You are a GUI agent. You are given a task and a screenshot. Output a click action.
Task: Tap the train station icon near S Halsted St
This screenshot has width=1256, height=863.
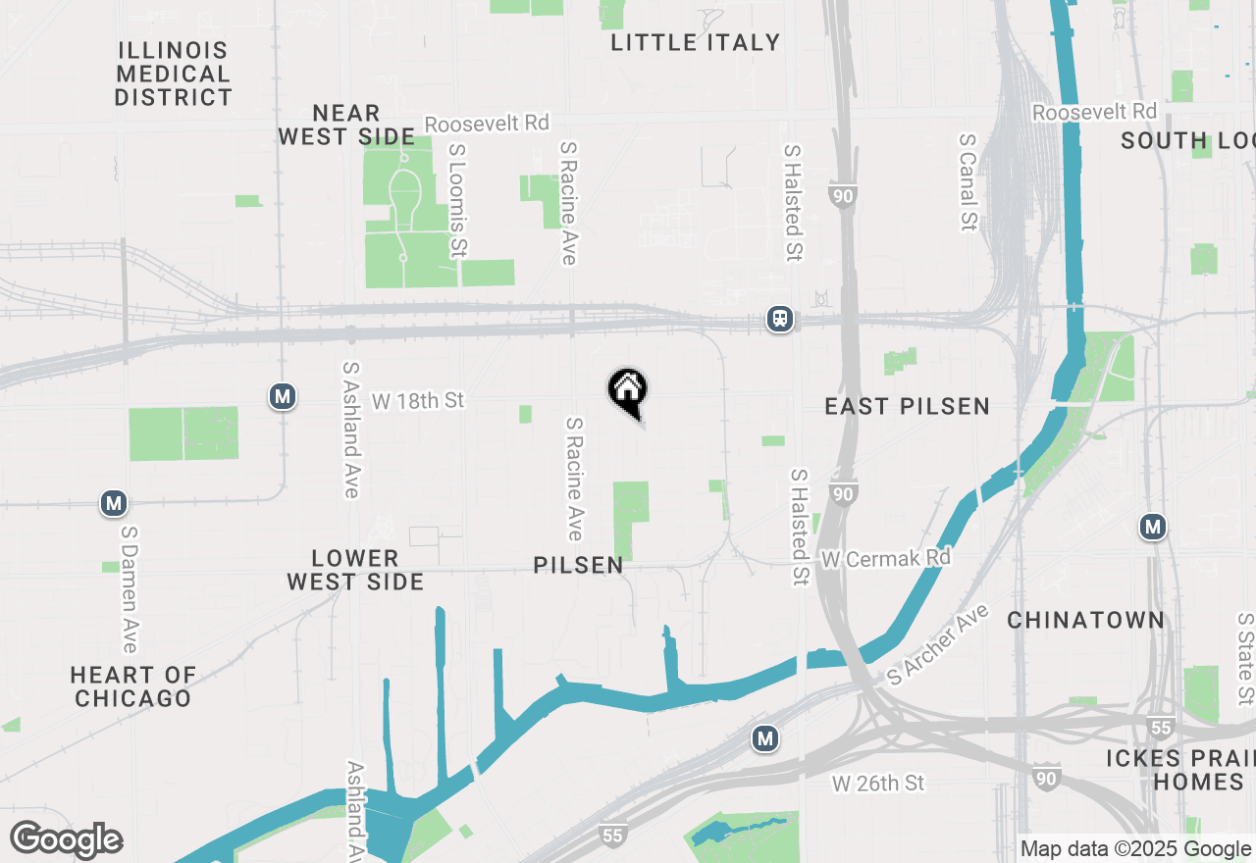point(780,319)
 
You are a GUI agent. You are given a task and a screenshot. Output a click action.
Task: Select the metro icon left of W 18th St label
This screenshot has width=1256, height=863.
point(283,396)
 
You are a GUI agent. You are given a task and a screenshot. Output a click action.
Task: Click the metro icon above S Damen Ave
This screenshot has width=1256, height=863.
point(114,504)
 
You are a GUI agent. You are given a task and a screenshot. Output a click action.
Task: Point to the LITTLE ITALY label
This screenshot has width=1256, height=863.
point(695,42)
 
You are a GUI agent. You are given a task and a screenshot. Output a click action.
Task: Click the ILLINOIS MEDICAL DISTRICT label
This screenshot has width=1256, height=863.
point(173,74)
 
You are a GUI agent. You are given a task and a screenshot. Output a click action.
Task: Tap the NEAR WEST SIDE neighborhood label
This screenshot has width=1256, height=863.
point(345,125)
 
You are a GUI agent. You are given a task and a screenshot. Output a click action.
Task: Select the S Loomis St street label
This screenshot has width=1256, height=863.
point(457,200)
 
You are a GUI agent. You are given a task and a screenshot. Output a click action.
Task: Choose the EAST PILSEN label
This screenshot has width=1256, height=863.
point(907,406)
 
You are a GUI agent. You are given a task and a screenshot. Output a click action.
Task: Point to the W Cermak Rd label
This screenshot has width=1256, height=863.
point(886,558)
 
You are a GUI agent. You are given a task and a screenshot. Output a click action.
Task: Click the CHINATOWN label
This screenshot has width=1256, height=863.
point(1085,620)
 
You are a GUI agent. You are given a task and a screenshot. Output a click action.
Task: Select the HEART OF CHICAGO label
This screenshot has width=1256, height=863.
point(133,686)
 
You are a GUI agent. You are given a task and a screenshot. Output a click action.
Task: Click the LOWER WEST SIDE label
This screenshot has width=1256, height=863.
point(355,570)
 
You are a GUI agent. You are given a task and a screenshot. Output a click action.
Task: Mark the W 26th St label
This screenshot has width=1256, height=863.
point(878,783)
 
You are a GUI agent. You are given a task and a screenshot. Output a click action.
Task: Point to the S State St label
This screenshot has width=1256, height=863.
point(1245,659)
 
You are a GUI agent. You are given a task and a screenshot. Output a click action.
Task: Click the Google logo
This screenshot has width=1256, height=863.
point(66,839)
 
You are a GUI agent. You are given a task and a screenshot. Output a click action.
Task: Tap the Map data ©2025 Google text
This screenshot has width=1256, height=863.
point(1136,849)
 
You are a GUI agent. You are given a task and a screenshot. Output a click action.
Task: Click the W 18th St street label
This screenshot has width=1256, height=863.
point(418,400)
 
